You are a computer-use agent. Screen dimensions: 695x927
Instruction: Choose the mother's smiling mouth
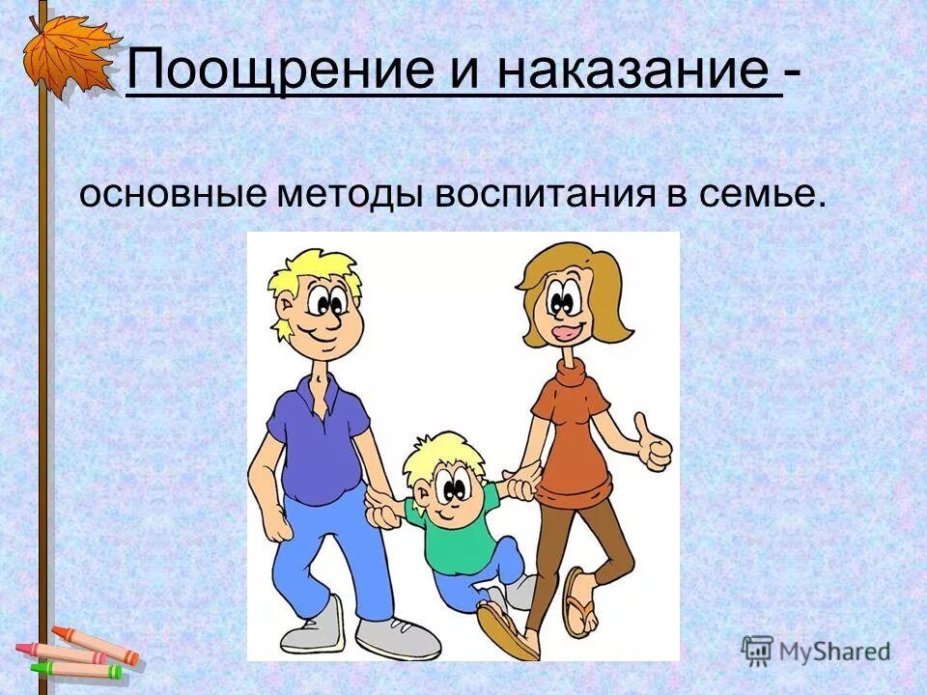563,333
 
